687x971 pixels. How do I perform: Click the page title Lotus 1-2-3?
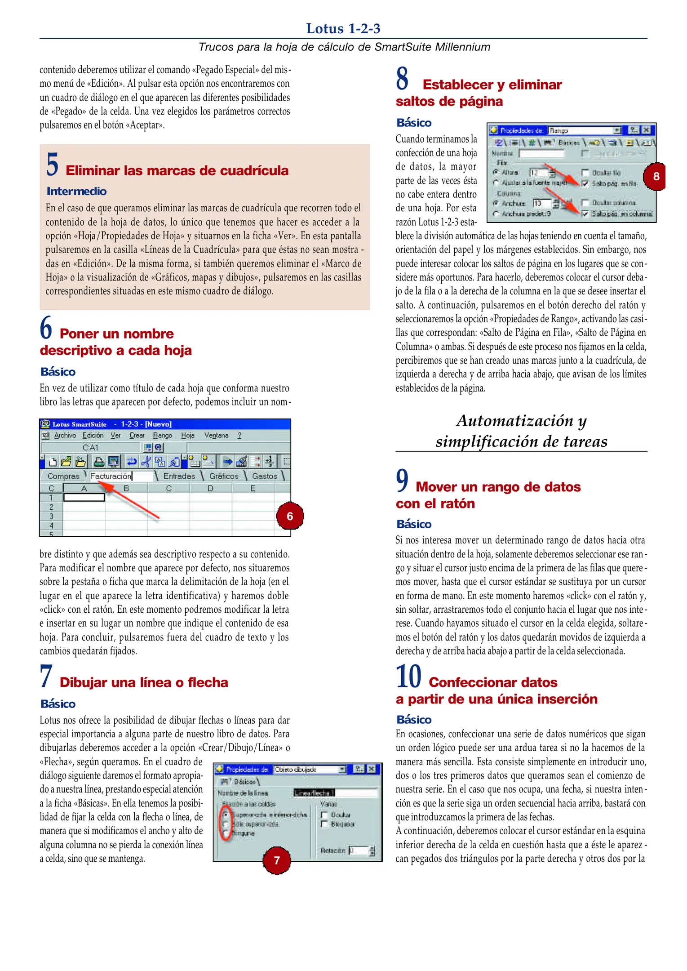pos(343,29)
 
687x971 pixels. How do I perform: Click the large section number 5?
pos(52,165)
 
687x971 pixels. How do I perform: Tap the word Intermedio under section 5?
pos(76,192)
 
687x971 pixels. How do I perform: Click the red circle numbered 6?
pos(289,516)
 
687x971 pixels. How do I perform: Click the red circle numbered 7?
pos(276,860)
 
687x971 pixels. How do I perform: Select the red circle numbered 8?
pos(656,176)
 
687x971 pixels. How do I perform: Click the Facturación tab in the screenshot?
pos(111,476)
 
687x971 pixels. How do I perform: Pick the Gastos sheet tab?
pos(264,476)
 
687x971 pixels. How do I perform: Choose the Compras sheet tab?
pos(63,476)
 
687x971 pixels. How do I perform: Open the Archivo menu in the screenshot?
pos(65,436)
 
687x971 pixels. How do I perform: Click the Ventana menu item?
pos(216,436)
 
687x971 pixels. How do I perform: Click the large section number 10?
pos(408,677)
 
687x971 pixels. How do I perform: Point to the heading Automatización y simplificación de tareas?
pos(521,431)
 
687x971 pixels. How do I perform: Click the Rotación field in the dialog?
pos(359,851)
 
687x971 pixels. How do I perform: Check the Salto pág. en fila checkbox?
pos(585,183)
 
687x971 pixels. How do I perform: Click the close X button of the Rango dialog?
pos(646,130)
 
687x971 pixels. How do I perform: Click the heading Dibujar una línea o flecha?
pos(144,682)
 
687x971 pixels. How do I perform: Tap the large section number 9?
pos(402,481)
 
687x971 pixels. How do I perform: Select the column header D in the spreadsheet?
pos(210,489)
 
